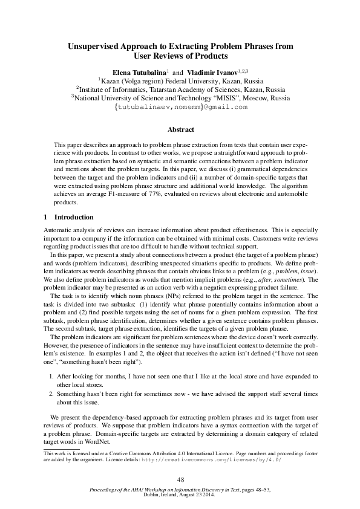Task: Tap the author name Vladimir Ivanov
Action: (211, 72)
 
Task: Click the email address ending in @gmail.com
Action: (180, 107)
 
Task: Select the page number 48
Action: (180, 479)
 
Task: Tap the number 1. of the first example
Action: (52, 376)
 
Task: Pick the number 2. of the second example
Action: (52, 393)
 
